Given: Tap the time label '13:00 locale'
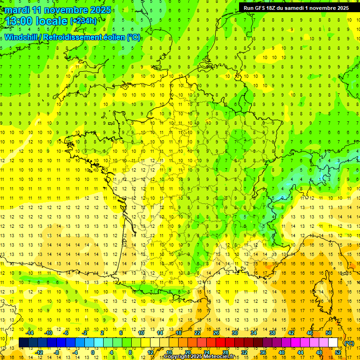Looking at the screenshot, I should click(x=37, y=21).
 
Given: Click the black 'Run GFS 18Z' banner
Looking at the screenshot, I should click(x=296, y=8).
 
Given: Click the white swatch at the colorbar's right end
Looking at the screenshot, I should click(x=333, y=343).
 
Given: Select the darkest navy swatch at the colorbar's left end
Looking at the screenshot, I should click(x=23, y=343).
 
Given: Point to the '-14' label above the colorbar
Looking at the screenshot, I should click(x=30, y=333).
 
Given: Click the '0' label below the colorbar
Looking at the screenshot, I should click(x=93, y=352).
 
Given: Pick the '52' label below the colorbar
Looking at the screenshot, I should click(x=338, y=352).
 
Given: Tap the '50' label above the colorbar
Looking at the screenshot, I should click(x=329, y=333).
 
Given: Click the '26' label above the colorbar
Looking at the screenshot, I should click(x=216, y=333).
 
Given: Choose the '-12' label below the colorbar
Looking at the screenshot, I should click(x=39, y=352).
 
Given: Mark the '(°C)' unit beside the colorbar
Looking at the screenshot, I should click(x=349, y=343).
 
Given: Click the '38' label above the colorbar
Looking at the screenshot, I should click(x=272, y=333).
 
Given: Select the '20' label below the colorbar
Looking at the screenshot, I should click(x=187, y=352).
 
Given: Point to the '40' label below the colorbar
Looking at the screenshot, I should click(x=282, y=352).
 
